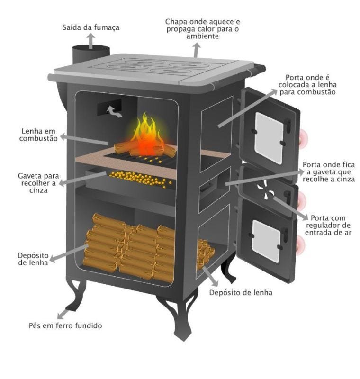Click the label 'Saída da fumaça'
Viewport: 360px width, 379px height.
(91, 27)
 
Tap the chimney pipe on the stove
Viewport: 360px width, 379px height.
(91, 54)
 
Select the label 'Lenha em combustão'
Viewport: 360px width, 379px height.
(39, 135)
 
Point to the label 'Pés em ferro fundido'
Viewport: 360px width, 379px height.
(65, 325)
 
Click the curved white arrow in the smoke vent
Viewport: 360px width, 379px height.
(114, 111)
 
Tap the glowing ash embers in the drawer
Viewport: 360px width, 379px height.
(140, 179)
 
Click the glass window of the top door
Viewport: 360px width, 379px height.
(269, 138)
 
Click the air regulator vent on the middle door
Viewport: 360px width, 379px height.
(266, 190)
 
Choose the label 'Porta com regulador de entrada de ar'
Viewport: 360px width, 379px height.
(328, 225)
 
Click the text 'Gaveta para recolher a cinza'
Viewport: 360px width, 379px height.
(39, 183)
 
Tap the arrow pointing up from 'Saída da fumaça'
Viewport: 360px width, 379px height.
(91, 41)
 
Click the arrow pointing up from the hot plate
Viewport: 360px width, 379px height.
(197, 50)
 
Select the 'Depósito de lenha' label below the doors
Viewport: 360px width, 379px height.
(241, 292)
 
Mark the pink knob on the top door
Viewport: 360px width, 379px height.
(303, 138)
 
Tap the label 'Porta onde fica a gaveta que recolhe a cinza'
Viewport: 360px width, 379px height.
(329, 172)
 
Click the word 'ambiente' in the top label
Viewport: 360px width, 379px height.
(202, 36)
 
